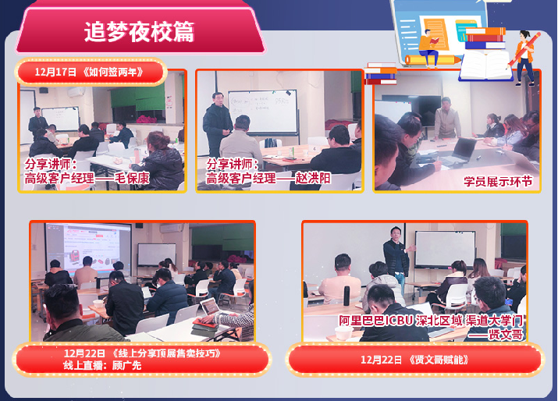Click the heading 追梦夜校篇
(x=139, y=32)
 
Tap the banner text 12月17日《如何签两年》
(x=89, y=73)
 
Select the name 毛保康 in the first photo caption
(x=132, y=178)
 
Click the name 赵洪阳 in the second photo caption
(x=313, y=178)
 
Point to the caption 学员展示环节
(x=498, y=182)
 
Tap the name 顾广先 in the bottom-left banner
(x=126, y=365)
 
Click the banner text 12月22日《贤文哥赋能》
(x=414, y=360)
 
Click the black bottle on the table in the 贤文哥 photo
(x=347, y=296)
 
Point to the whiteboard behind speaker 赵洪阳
(x=263, y=112)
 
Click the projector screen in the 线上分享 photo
(x=88, y=249)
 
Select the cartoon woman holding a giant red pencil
(x=525, y=57)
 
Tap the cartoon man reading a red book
(x=428, y=48)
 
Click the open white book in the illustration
(x=485, y=66)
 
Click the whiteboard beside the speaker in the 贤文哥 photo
(x=445, y=249)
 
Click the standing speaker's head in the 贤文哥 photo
(x=396, y=233)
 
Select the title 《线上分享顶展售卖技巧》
(x=165, y=353)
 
